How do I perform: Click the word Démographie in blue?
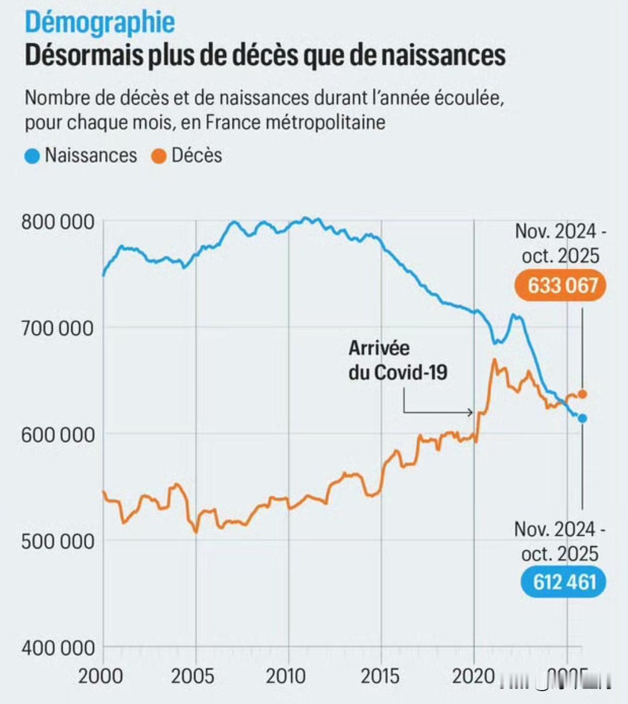[100, 22]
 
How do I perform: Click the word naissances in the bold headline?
[443, 56]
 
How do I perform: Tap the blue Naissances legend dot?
[33, 156]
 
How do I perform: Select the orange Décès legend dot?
[159, 156]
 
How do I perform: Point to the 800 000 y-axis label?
[57, 222]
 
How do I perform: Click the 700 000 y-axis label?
[57, 328]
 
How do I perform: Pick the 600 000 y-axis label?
[57, 435]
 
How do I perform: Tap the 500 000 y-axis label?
[57, 541]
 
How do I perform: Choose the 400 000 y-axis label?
[57, 647]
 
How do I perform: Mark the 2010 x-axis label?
[286, 676]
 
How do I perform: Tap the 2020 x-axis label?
[474, 676]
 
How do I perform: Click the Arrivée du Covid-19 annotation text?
[397, 360]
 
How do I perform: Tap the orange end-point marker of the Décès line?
[582, 394]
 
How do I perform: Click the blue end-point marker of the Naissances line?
[582, 418]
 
